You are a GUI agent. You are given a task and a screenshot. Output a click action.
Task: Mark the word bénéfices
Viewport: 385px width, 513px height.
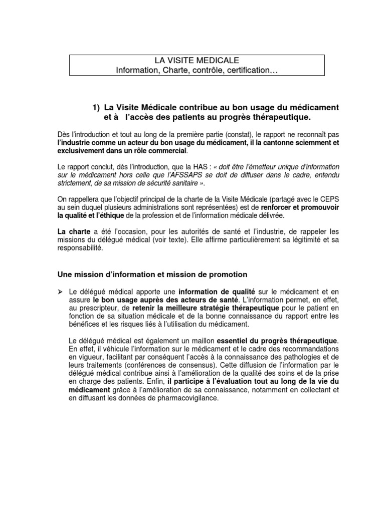[84, 324]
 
